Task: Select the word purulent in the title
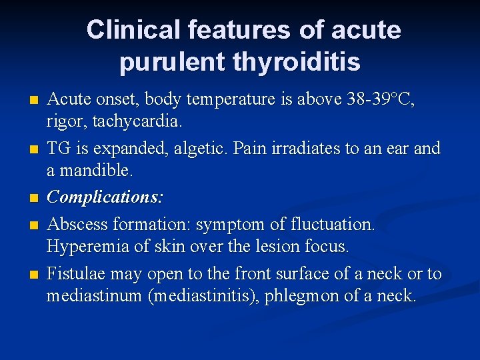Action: [173, 63]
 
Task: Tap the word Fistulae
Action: [75, 273]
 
